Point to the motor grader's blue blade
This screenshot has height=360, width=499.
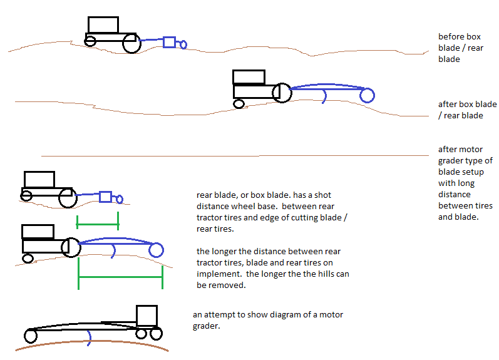[x=89, y=338]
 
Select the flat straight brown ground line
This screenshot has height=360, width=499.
[x=232, y=155]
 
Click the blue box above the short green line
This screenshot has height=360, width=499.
[x=106, y=197]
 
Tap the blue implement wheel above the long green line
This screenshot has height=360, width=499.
[x=156, y=250]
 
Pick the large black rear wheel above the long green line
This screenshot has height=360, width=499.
[x=71, y=247]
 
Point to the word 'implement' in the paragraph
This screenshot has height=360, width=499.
[x=215, y=274]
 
